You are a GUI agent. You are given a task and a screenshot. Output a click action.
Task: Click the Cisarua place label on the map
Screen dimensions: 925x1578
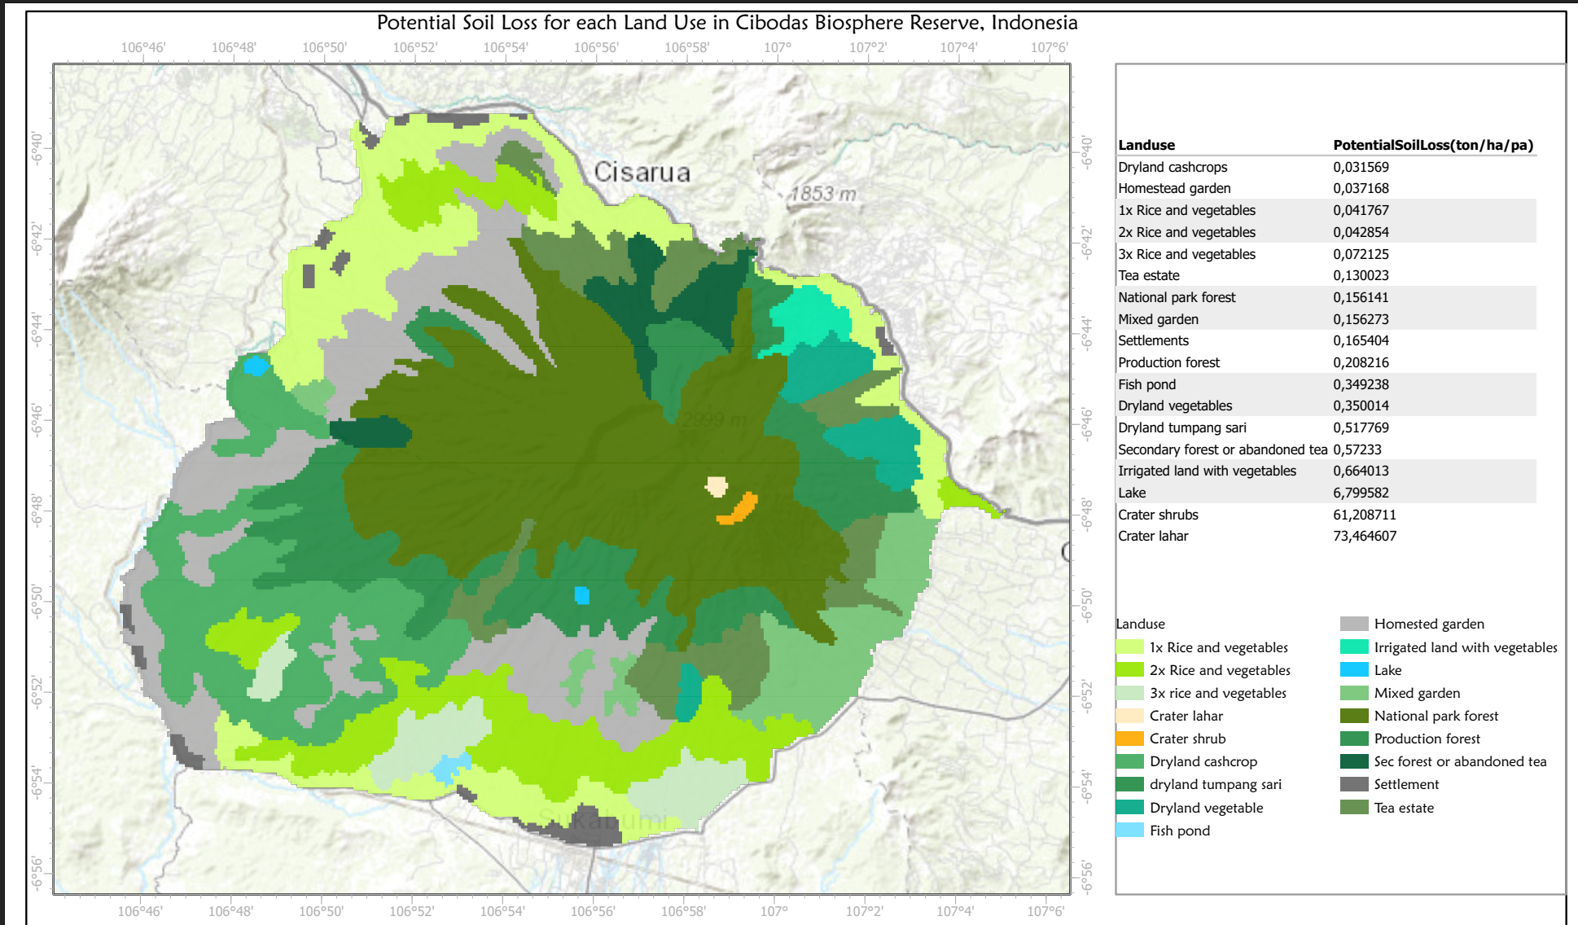tap(642, 173)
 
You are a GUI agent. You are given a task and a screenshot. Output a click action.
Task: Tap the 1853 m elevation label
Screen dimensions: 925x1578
tap(823, 194)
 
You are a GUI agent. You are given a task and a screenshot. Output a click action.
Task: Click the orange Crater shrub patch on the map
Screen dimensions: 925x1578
tap(739, 510)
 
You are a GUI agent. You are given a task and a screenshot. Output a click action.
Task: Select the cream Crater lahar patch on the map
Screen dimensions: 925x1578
tap(717, 486)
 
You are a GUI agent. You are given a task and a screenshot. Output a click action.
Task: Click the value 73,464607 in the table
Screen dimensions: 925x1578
tap(1364, 536)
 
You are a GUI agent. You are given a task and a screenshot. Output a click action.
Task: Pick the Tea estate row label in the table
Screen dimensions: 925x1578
tap(1148, 275)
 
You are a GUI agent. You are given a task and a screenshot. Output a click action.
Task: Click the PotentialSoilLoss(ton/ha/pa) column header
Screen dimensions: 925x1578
tap(1432, 145)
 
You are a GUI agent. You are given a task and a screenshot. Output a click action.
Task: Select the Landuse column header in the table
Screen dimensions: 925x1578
tap(1146, 145)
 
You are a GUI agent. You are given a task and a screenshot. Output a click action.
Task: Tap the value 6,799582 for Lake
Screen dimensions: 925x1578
tap(1361, 493)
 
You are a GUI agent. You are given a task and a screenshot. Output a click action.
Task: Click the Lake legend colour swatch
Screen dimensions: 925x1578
tap(1353, 670)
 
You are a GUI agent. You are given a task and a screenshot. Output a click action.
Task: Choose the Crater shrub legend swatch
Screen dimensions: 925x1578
tap(1129, 739)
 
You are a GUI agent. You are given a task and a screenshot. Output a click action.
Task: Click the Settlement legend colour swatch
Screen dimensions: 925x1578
tap(1353, 784)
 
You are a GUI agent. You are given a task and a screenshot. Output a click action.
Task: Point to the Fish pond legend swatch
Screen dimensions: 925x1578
tap(1129, 831)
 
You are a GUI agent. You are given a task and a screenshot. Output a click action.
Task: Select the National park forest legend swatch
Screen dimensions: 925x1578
tap(1353, 716)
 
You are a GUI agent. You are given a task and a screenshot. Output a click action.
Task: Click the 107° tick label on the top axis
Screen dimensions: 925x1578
tap(777, 47)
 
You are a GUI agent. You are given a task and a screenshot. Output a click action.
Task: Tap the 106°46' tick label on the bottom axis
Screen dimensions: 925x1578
tap(140, 910)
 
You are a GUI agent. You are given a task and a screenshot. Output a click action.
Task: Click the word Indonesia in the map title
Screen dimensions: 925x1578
tap(1034, 23)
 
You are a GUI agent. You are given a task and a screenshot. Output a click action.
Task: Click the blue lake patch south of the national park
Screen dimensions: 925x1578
tap(581, 595)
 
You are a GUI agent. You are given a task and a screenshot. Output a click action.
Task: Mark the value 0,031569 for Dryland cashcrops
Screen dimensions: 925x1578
tap(1361, 167)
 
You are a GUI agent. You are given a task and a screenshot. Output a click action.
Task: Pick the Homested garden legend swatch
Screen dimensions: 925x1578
tap(1353, 624)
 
